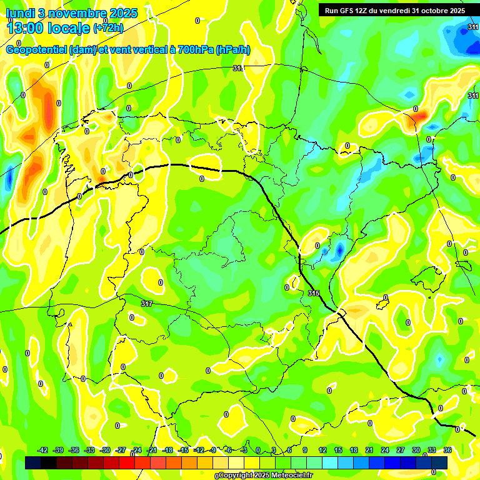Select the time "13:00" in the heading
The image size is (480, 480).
tap(26, 28)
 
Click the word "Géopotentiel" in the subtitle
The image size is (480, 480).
tap(37, 50)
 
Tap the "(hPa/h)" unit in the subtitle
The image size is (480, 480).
tap(232, 50)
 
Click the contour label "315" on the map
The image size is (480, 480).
tap(314, 293)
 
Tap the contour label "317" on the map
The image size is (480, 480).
tap(147, 304)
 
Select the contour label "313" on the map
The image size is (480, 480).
tap(237, 68)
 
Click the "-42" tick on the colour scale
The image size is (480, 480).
tap(43, 450)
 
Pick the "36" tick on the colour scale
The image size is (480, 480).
tap(447, 450)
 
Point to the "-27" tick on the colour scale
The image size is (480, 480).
tap(121, 450)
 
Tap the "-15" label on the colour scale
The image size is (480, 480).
tap(183, 450)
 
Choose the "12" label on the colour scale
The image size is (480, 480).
tap(322, 450)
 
